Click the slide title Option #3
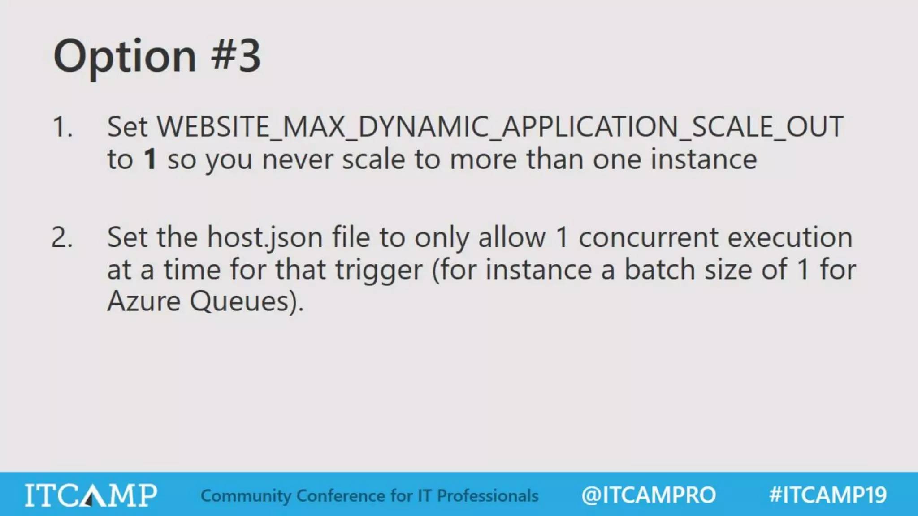(x=157, y=56)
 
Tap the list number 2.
(x=62, y=237)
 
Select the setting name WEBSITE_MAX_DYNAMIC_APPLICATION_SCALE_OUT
(x=500, y=127)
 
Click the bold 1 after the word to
(x=150, y=159)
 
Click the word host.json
(x=265, y=237)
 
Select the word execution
(x=790, y=237)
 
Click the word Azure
(x=144, y=301)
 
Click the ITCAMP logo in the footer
(x=91, y=495)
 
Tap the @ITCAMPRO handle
(x=648, y=495)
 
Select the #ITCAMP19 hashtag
(x=827, y=495)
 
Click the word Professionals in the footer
(x=488, y=496)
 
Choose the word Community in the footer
(x=246, y=496)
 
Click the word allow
(x=512, y=237)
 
